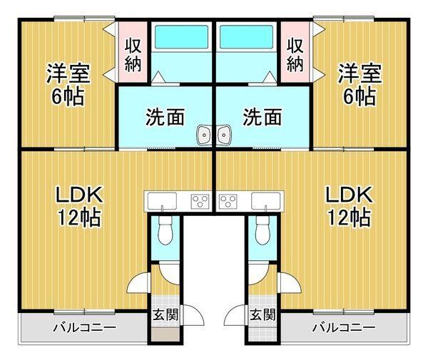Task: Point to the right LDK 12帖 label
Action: pyautogui.click(x=349, y=205)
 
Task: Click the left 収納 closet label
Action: pyautogui.click(x=133, y=53)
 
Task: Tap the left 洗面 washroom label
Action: pyautogui.click(x=165, y=117)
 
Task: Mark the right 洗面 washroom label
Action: pyautogui.click(x=262, y=117)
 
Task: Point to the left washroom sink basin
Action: pyautogui.click(x=205, y=133)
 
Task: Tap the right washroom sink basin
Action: pyautogui.click(x=224, y=133)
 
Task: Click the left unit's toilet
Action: pyautogui.click(x=165, y=229)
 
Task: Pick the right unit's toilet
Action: pyautogui.click(x=262, y=229)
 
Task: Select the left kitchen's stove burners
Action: pyautogui.click(x=199, y=202)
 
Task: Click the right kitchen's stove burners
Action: pyautogui.click(x=228, y=202)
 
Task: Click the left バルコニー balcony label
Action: pyautogui.click(x=83, y=329)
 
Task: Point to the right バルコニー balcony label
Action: pyautogui.click(x=343, y=329)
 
